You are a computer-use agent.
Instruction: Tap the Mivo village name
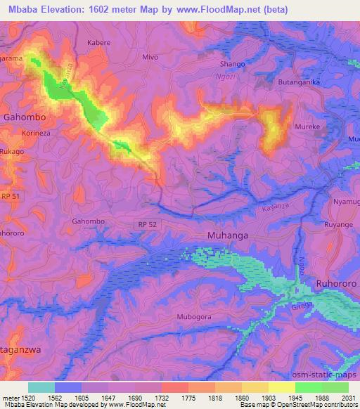[150, 57]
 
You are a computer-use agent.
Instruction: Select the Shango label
[232, 64]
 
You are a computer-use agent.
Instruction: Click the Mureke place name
[307, 129]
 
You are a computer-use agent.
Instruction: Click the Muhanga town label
[228, 236]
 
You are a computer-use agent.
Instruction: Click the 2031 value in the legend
[348, 397]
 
